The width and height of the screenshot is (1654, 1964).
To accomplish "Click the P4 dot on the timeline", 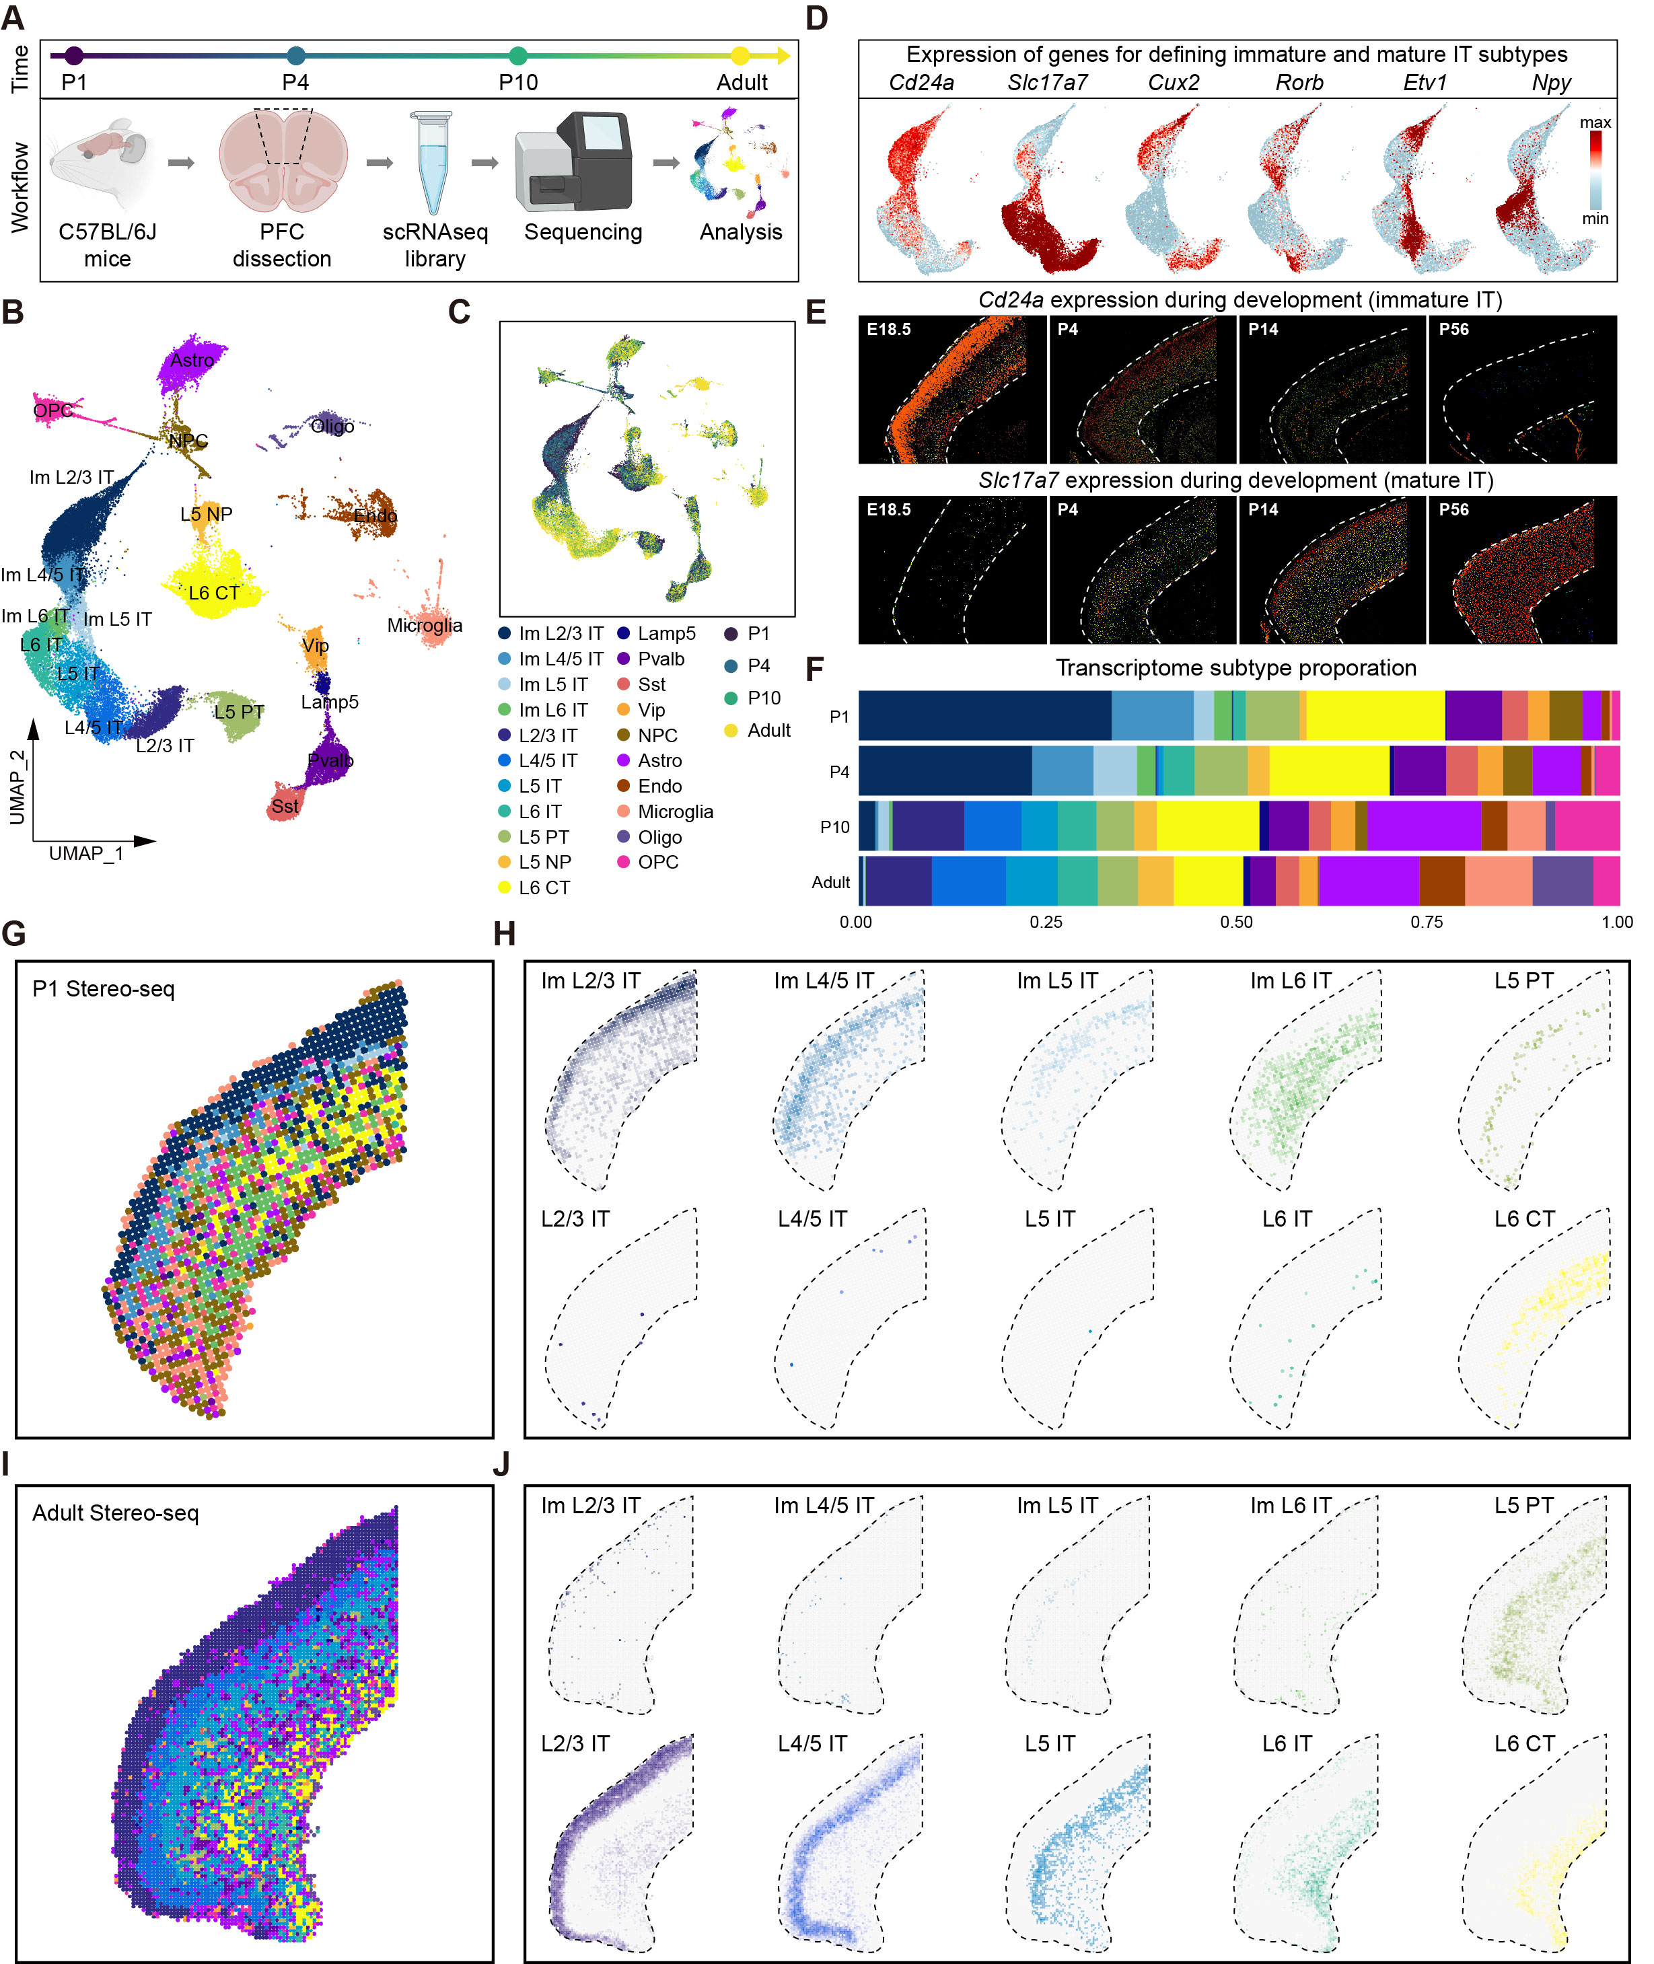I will click(296, 55).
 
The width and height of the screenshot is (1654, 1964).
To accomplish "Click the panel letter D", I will click(817, 17).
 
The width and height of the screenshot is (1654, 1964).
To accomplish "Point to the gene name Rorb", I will click(1299, 83).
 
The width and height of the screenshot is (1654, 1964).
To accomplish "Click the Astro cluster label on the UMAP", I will click(192, 360).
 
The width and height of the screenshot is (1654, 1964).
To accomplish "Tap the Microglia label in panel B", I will click(425, 625).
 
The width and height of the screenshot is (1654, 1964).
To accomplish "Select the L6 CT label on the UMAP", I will click(214, 593).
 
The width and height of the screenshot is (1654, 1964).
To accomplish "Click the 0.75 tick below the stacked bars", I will click(1426, 922).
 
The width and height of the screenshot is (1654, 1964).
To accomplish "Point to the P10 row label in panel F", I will click(834, 827).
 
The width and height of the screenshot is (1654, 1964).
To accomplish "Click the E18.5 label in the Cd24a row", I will click(888, 330).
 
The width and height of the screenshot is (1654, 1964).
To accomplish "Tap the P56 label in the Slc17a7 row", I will click(1453, 510).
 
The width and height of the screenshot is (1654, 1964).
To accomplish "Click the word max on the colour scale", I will click(1595, 123).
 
